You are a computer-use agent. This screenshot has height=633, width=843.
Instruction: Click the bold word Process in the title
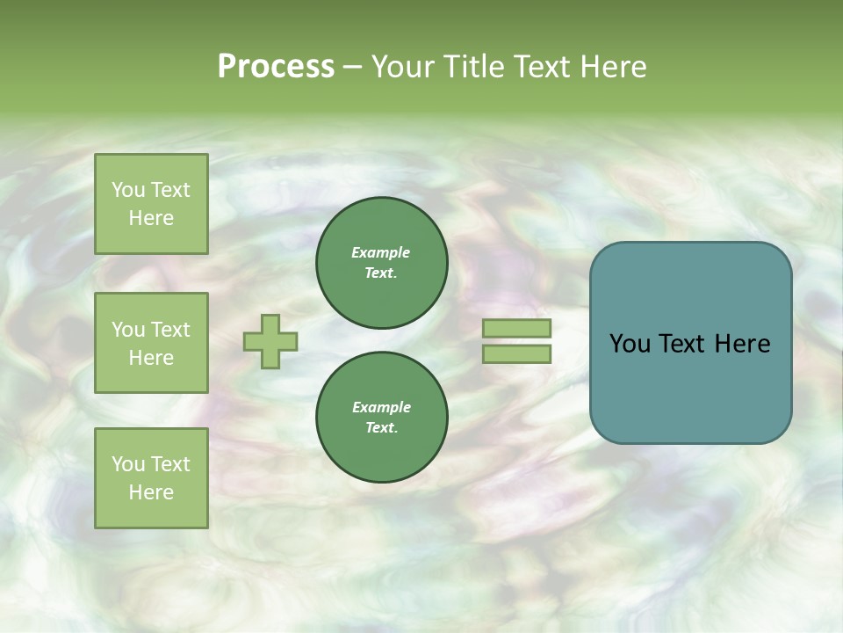pyautogui.click(x=276, y=66)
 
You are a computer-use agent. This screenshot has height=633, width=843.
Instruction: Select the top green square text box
pyautogui.click(x=151, y=204)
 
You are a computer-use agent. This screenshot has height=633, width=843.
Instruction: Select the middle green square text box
pyautogui.click(x=151, y=343)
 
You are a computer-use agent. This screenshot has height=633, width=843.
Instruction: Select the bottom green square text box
pyautogui.click(x=151, y=478)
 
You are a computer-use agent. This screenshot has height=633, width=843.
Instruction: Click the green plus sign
pyautogui.click(x=270, y=341)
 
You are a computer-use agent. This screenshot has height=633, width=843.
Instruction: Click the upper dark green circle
pyautogui.click(x=382, y=263)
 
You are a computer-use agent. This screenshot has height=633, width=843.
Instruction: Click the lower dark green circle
pyautogui.click(x=382, y=418)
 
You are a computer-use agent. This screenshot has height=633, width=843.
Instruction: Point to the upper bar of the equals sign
pyautogui.click(x=517, y=329)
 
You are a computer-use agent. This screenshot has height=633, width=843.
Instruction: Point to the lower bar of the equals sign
pyautogui.click(x=517, y=353)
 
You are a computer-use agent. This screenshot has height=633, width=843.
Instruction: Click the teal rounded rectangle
pyautogui.click(x=690, y=387)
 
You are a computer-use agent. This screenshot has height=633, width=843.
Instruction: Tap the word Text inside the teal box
pyautogui.click(x=683, y=344)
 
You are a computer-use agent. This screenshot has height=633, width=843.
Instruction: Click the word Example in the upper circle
pyautogui.click(x=381, y=252)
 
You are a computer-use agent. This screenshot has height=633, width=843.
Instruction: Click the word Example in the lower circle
pyautogui.click(x=381, y=407)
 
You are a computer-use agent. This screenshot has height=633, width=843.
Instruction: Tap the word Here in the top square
pyautogui.click(x=151, y=218)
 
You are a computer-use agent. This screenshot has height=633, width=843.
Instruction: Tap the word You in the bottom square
pyautogui.click(x=128, y=464)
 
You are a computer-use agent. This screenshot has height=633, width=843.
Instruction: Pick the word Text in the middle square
pyautogui.click(x=170, y=330)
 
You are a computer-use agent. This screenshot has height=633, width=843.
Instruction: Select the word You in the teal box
pyautogui.click(x=630, y=344)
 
